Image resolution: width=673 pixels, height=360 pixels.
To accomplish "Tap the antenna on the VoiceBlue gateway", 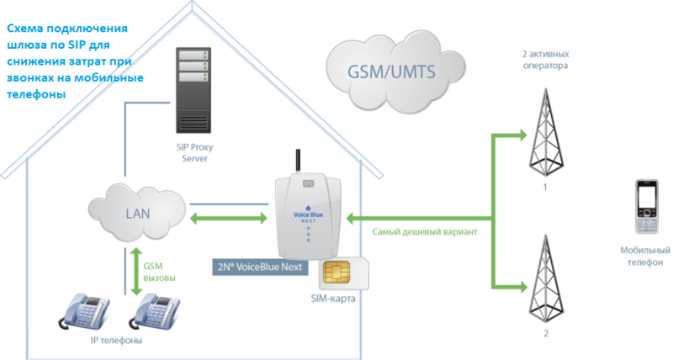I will coord(296,162).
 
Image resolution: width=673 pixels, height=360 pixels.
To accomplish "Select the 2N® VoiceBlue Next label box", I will coord(261,267).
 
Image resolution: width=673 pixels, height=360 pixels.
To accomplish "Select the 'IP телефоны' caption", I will coord(117,341).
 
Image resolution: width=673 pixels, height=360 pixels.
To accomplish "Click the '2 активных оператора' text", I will coord(544,58).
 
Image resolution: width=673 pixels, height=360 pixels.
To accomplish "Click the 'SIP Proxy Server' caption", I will coord(194,151).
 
